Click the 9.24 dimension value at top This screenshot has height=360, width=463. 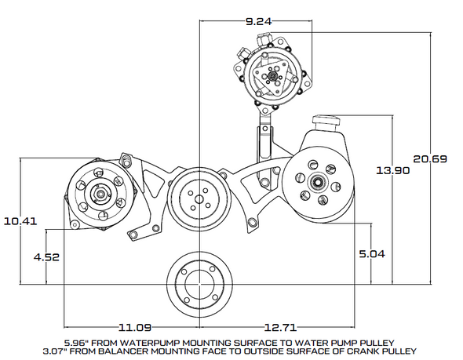[x=258, y=22]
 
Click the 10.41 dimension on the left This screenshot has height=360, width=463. [x=19, y=221]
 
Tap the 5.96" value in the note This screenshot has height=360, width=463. [x=78, y=341]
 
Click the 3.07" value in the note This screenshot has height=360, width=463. [x=60, y=350]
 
